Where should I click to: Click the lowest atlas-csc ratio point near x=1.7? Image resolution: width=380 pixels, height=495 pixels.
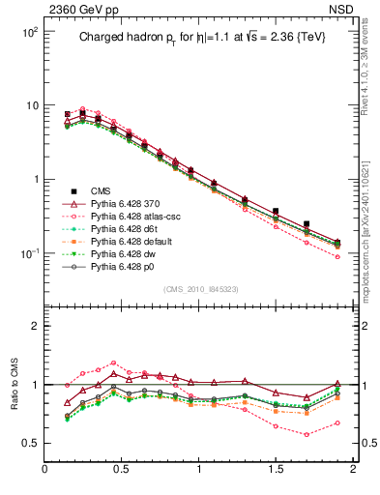(x=307, y=434)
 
